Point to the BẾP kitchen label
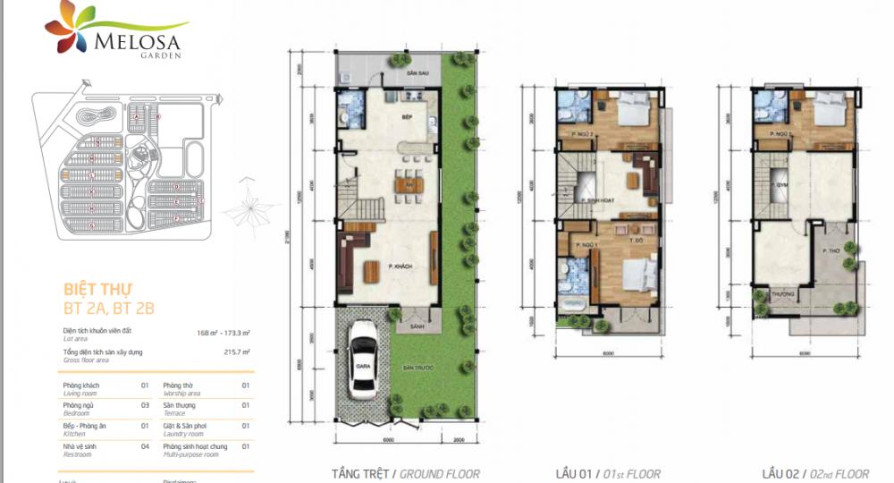pos(405,116)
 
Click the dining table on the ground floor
pos(409,185)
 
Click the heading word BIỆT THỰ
pos(98,289)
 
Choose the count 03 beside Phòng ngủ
pos(144,404)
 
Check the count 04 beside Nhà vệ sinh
pos(144,445)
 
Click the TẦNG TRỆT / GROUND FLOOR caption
pos(405,474)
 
